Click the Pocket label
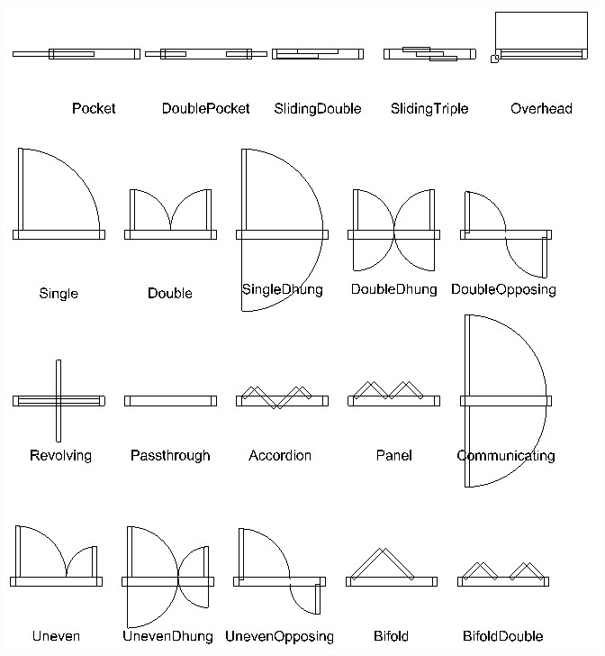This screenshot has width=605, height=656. [x=94, y=108]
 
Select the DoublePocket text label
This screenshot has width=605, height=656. [x=205, y=108]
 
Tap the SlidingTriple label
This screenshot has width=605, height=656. [x=429, y=109]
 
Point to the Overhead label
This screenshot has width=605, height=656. [x=541, y=108]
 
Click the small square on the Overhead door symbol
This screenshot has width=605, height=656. [x=494, y=59]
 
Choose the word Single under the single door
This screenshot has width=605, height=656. [x=59, y=293]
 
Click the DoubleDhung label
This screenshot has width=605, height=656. [x=393, y=289]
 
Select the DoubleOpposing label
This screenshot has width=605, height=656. [x=503, y=289]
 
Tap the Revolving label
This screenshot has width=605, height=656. [x=60, y=456]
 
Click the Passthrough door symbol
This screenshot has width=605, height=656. [x=170, y=401]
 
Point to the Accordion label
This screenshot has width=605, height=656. [x=280, y=455]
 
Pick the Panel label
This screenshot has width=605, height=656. [x=393, y=455]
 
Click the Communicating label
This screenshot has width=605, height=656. [x=506, y=456]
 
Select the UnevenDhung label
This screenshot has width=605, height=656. [x=167, y=636]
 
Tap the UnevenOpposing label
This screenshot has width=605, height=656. [x=279, y=637]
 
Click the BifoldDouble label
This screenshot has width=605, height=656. [x=503, y=636]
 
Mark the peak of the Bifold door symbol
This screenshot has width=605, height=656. [x=382, y=549]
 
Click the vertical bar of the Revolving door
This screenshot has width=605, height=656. [x=59, y=401]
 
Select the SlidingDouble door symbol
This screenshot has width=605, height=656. [x=318, y=54]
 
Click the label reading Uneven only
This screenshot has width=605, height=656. [x=56, y=636]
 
